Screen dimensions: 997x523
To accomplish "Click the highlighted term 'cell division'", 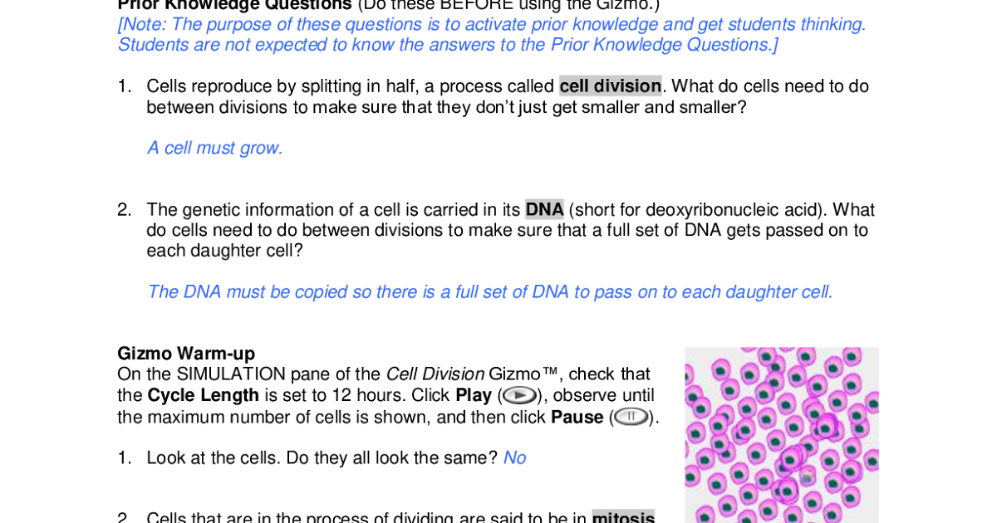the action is tap(610, 86).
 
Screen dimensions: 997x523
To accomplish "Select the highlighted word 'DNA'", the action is tap(544, 210).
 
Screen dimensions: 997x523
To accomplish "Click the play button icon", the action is tap(519, 395).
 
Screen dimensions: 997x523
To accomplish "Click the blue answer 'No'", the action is tap(514, 458).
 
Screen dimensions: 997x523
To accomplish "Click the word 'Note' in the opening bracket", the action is tap(144, 25).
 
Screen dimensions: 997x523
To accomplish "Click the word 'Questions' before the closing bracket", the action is tap(731, 45).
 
